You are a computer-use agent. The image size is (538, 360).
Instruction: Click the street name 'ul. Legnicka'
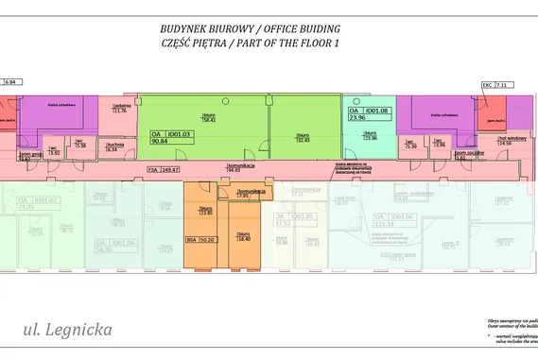click(68, 331)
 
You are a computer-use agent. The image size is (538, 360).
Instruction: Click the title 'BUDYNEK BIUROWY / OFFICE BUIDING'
click(250, 28)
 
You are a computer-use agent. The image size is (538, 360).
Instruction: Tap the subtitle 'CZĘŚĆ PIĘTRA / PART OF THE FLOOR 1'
click(250, 43)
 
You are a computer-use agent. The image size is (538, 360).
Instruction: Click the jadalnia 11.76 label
click(119, 107)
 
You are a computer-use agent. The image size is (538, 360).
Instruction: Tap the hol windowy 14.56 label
click(489, 140)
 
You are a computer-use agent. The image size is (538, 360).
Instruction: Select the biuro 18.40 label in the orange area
click(243, 236)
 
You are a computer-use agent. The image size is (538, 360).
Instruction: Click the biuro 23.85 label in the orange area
click(207, 209)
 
